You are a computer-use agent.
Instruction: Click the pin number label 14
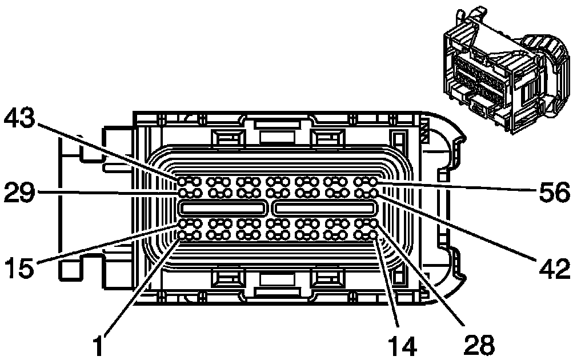click(402, 344)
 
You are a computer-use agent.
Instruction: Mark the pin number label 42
click(553, 267)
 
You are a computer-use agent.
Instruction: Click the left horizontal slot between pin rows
click(223, 207)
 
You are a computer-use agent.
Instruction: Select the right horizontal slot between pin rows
click(324, 207)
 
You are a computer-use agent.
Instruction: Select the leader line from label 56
click(457, 187)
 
